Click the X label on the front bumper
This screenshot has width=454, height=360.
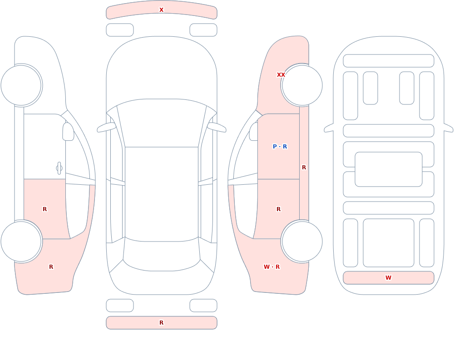tap(162, 10)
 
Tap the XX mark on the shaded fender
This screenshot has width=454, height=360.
tap(281, 75)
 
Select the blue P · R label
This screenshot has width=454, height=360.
tap(280, 147)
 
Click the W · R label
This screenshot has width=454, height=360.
tap(271, 267)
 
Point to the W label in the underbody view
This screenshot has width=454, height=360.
tap(388, 278)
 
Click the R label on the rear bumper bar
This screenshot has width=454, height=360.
tap(162, 323)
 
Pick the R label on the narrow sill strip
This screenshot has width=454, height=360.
tap(304, 168)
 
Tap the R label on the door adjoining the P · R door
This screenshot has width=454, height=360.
tap(279, 209)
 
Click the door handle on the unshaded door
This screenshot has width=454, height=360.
tap(59, 168)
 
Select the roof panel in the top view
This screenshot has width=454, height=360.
tap(162, 194)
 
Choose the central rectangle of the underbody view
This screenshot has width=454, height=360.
tap(389, 169)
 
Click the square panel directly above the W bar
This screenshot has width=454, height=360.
tap(389, 243)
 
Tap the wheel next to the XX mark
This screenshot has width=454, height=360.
tap(302, 85)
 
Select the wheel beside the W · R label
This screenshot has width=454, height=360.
tap(302, 242)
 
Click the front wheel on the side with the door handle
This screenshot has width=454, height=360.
tap(21, 85)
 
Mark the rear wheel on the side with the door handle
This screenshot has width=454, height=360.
tap(21, 242)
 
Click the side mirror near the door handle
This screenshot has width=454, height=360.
tap(68, 132)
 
